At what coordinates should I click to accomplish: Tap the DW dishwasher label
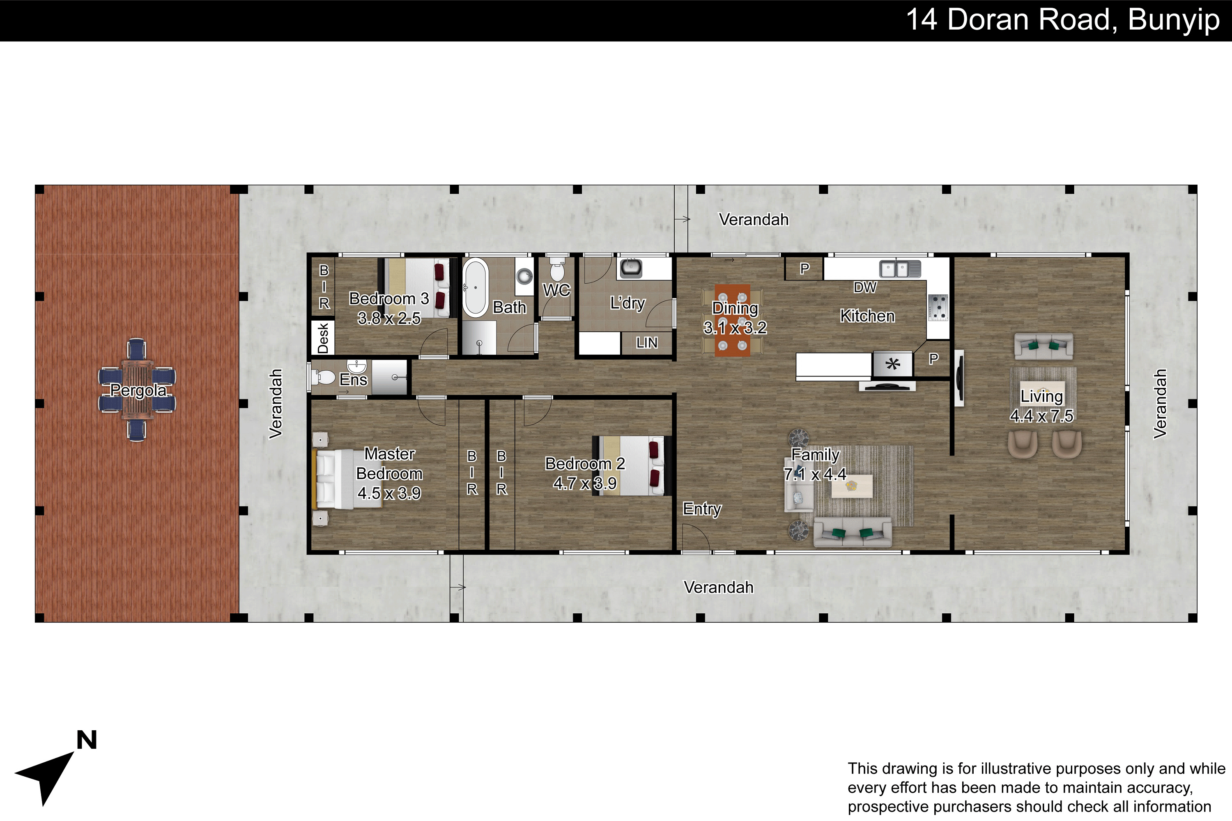[x=865, y=287]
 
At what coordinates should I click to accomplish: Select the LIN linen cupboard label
[x=646, y=343]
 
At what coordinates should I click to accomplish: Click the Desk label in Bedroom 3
[x=323, y=338]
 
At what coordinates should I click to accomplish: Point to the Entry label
[x=702, y=509]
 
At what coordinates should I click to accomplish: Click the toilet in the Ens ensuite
[x=323, y=376]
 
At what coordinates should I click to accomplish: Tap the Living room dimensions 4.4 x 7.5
[x=1041, y=416]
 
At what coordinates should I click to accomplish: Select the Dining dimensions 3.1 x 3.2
[x=735, y=328]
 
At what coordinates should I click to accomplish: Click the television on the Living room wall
[x=958, y=378]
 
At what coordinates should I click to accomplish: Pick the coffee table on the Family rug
[x=852, y=486]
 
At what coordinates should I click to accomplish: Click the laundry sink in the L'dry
[x=631, y=268]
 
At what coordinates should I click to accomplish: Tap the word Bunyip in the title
[x=1174, y=21]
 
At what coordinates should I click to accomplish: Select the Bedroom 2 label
[x=585, y=464]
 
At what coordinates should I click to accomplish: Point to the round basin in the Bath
[x=524, y=275]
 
